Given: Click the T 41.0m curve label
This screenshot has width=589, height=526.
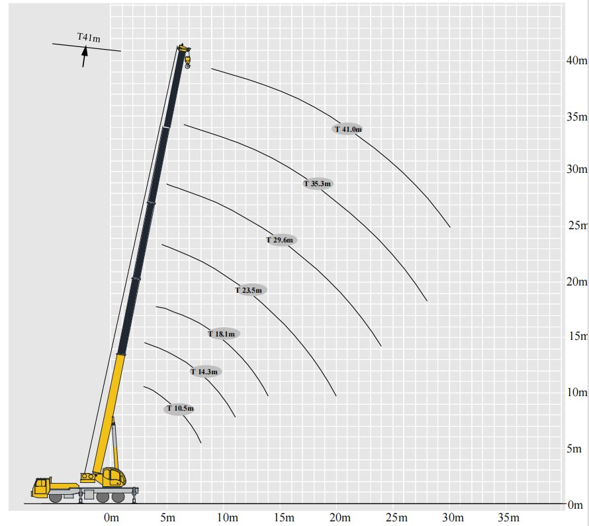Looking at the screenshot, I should click(348, 129).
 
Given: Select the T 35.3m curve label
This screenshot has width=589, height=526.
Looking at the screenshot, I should click(318, 184).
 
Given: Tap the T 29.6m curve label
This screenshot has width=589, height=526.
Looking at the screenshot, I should click(280, 240).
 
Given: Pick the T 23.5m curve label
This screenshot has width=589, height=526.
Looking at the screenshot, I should click(249, 290).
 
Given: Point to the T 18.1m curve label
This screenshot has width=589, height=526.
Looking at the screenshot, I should click(222, 334).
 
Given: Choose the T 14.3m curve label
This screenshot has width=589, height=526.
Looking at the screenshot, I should click(204, 372).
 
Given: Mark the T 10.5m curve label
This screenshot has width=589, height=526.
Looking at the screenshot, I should click(180, 409).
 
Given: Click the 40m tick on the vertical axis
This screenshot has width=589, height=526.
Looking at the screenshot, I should click(577, 60).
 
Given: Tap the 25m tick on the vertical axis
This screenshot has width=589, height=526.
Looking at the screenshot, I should click(578, 226).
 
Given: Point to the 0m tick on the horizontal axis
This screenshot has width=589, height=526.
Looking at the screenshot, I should click(111, 517).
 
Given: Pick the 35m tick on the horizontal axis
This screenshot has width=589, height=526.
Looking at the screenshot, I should click(509, 517).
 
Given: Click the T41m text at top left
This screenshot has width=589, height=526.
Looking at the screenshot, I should click(89, 38).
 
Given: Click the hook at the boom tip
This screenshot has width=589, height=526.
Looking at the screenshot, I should click(187, 63).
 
